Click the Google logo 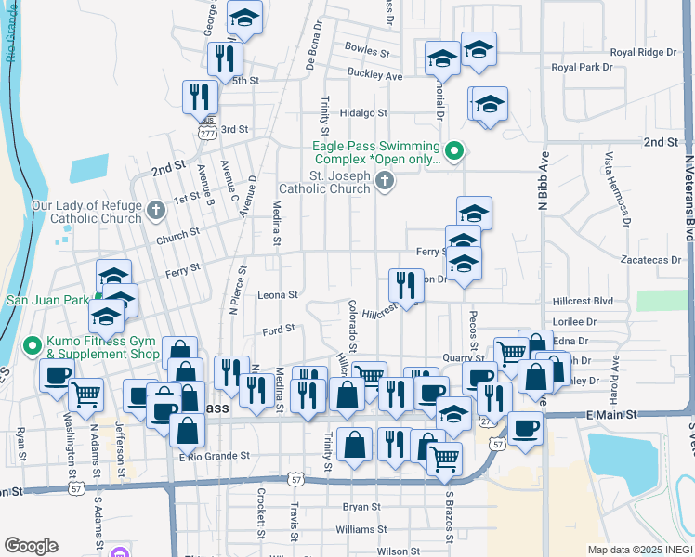[x=31, y=546]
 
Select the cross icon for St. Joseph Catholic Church [x=386, y=182]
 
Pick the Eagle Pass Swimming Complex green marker [x=454, y=149]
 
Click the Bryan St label [x=361, y=507]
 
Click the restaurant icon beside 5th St [x=225, y=58]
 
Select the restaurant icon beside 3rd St [x=201, y=96]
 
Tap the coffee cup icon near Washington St [x=57, y=375]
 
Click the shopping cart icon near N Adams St [x=86, y=393]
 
